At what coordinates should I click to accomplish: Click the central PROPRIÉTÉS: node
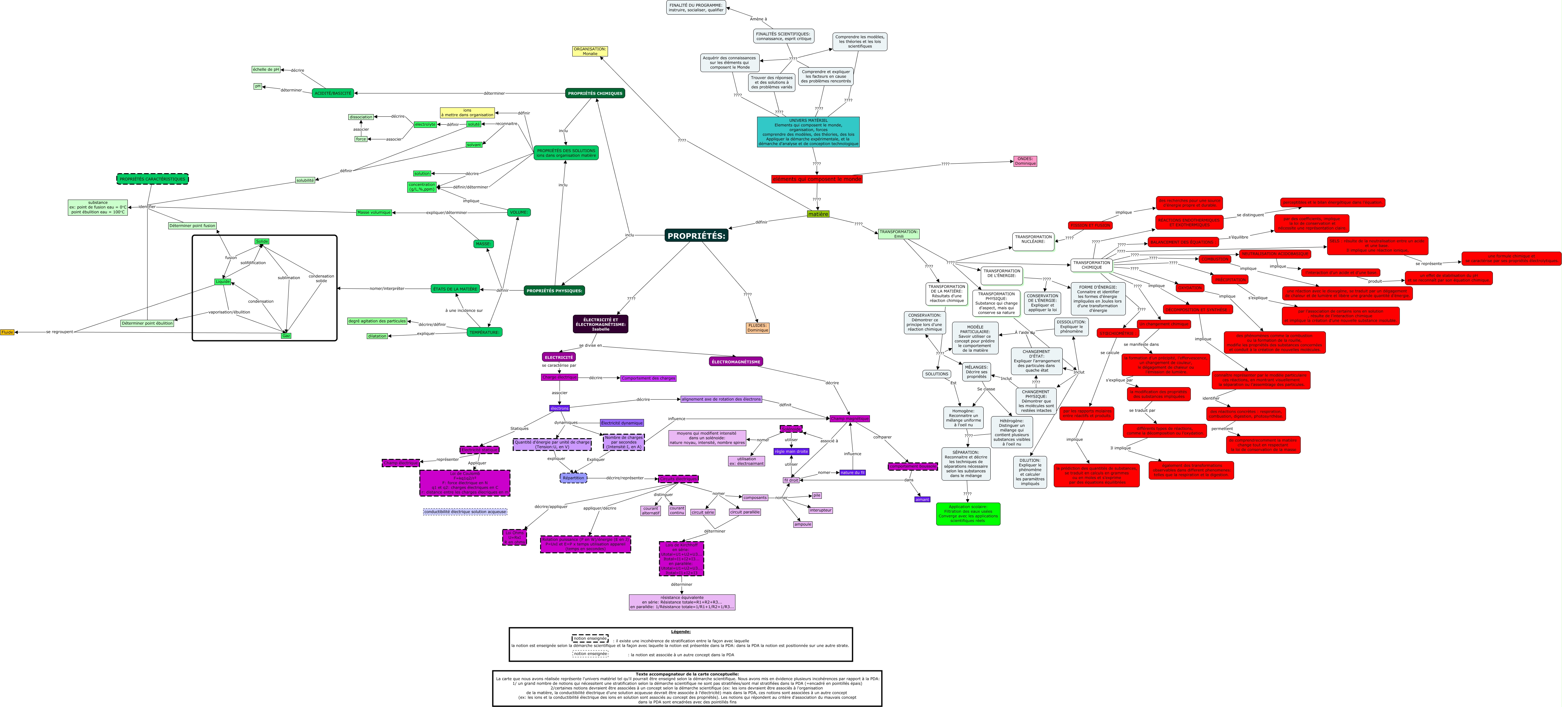(x=696, y=235)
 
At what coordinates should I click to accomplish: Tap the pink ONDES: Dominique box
(x=1025, y=161)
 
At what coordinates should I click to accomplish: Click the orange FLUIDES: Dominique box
(x=757, y=328)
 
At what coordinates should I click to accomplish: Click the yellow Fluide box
(x=7, y=332)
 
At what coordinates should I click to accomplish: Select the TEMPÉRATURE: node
(x=484, y=332)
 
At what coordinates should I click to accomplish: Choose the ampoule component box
(x=802, y=524)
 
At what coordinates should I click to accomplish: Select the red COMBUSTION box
(x=1215, y=259)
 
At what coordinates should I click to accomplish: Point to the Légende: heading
(x=680, y=632)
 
